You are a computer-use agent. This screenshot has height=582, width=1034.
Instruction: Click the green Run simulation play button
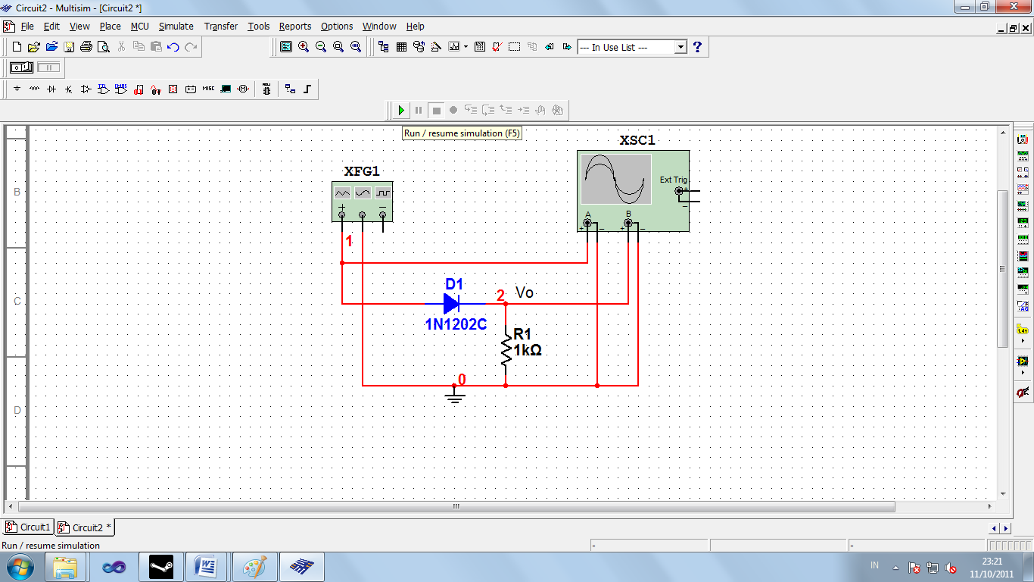(x=400, y=111)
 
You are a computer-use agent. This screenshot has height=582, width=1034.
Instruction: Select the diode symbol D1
(x=452, y=304)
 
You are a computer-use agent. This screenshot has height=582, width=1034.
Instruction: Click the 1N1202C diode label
(x=456, y=324)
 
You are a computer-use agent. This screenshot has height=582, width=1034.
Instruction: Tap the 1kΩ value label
(x=528, y=350)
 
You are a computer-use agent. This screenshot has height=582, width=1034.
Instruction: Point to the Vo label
(x=525, y=293)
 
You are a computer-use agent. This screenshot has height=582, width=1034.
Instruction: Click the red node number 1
(x=349, y=242)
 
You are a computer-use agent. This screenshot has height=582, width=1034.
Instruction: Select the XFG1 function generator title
(x=362, y=171)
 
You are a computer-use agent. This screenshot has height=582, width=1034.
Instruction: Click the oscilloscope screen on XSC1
(x=616, y=180)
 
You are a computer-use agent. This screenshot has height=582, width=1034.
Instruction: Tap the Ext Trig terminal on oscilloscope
(x=679, y=191)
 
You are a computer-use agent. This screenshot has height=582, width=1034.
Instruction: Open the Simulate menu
(x=176, y=27)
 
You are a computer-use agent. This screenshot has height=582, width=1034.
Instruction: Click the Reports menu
(x=295, y=27)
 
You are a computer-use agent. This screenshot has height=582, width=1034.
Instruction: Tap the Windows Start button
(x=18, y=566)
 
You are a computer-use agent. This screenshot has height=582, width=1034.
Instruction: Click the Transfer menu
(x=221, y=27)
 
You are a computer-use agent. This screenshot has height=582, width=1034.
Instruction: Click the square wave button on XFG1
(x=383, y=193)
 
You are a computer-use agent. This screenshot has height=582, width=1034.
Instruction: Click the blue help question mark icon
(x=698, y=47)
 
